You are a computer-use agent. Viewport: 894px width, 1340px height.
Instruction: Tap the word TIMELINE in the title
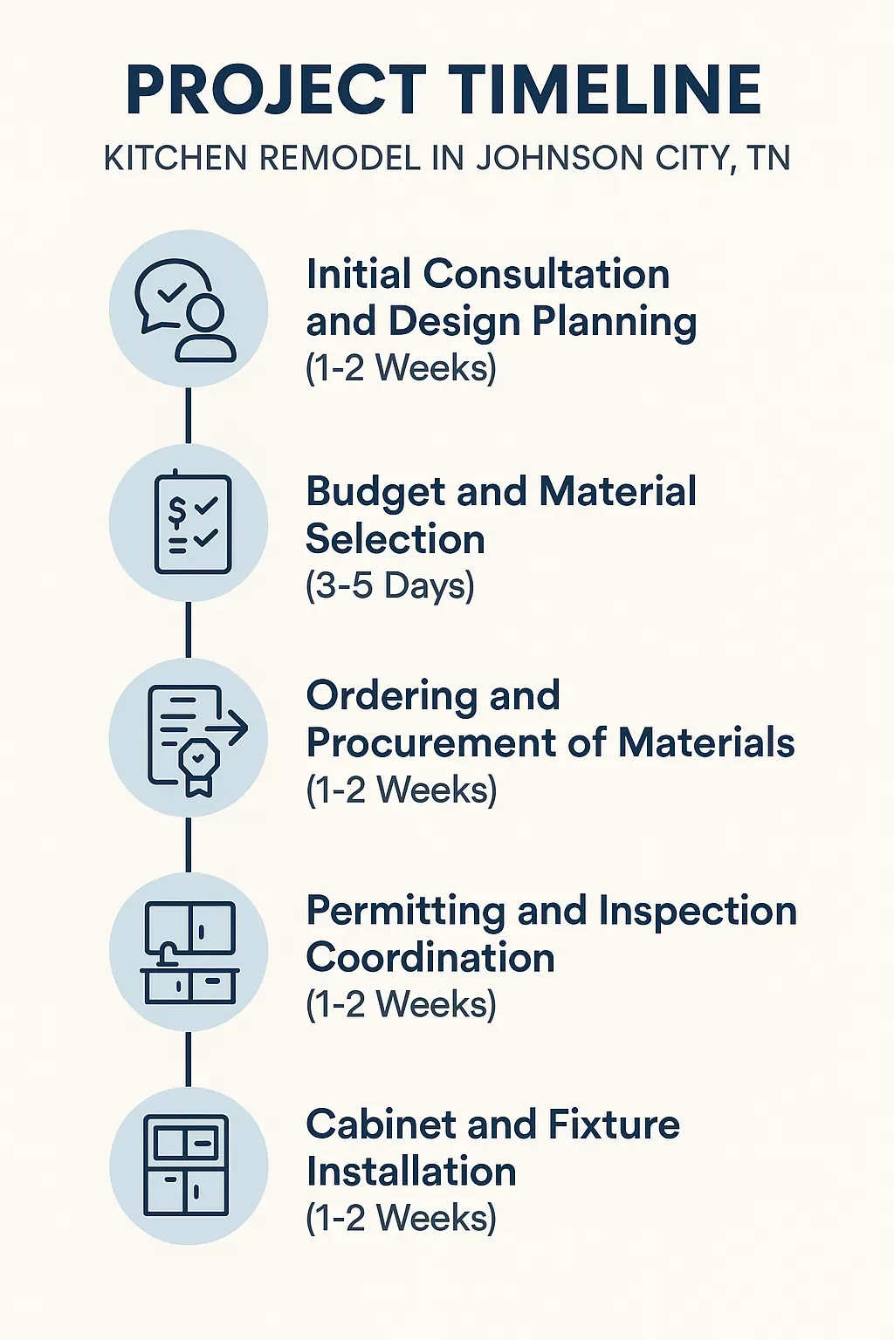pos(606,90)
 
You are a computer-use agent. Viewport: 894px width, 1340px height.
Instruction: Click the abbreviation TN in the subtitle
pos(768,159)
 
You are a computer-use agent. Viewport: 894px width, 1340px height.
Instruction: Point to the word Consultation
pos(547,274)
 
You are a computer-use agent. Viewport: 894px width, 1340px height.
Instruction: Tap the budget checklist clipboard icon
pos(192,523)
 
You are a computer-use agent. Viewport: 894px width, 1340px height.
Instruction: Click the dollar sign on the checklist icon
pos(177,510)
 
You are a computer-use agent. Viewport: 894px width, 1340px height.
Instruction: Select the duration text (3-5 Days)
pos(389,585)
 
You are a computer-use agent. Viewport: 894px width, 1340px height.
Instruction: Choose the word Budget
pos(375,492)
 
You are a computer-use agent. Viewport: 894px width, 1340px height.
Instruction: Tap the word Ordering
pos(391,696)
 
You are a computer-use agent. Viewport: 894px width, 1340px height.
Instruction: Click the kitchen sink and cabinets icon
pos(189,952)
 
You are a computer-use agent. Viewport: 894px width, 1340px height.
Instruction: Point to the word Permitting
pos(405,912)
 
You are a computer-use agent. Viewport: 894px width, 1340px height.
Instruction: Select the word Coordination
pos(430,958)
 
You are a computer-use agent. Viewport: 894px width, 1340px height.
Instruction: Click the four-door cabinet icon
pos(186,1166)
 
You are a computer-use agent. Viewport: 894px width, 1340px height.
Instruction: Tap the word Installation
pos(411,1172)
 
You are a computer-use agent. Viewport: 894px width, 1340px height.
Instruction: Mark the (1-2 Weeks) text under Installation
pos(401,1218)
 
